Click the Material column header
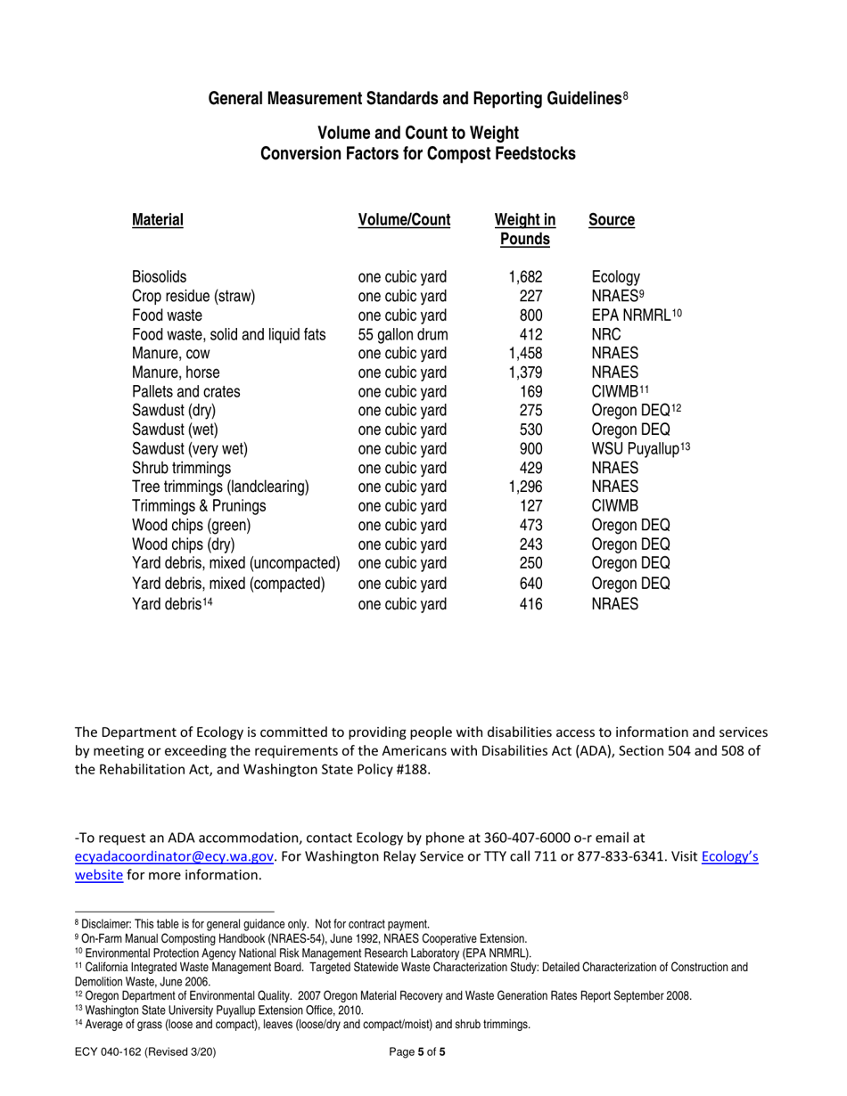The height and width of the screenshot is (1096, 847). tap(158, 219)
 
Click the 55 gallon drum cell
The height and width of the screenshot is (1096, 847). tap(402, 334)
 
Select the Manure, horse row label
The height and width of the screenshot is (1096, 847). tap(176, 373)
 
